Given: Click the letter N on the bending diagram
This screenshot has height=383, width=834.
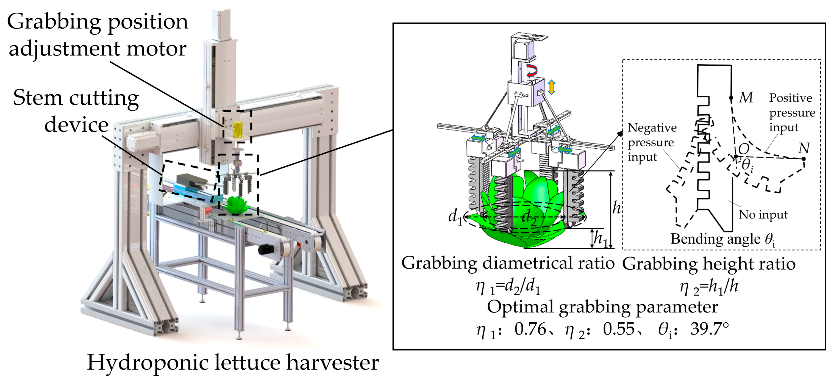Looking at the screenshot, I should pos(804,148).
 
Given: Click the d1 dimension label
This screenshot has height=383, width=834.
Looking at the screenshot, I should pos(455,216).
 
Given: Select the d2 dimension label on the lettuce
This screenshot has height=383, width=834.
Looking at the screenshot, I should pos(529,217).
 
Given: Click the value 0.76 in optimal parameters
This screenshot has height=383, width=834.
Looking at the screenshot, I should pos(530,329).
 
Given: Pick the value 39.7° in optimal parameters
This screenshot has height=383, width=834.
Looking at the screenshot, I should pos(709,329).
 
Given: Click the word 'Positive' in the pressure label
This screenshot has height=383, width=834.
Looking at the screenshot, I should pos(791,98).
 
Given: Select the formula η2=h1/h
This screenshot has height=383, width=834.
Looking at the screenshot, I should pos(709,287).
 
